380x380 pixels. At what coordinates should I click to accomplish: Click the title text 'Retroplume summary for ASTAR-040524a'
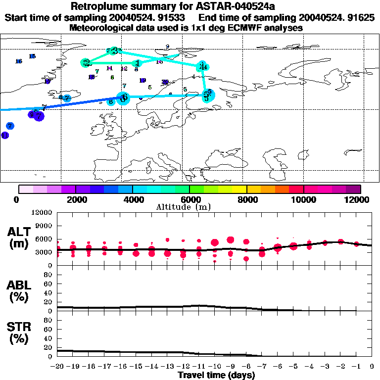pyautogui.click(x=190, y=6)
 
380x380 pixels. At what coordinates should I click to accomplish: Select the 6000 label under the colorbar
pyautogui.click(x=190, y=199)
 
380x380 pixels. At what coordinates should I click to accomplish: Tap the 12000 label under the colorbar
pyautogui.click(x=360, y=199)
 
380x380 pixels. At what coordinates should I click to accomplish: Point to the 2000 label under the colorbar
pyautogui.click(x=76, y=199)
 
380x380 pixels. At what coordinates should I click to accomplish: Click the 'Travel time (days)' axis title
pyautogui.click(x=216, y=375)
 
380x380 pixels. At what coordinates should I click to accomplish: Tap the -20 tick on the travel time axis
pyautogui.click(x=58, y=367)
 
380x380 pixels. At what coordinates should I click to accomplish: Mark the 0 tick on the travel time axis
pyautogui.click(x=372, y=367)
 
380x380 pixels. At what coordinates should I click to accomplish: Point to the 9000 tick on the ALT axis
pyautogui.click(x=44, y=226)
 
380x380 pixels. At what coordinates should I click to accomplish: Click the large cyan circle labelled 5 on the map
pyautogui.click(x=208, y=96)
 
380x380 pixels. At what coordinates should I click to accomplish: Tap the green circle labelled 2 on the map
pyautogui.click(x=87, y=63)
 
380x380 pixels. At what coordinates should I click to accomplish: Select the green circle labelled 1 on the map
pyautogui.click(x=138, y=63)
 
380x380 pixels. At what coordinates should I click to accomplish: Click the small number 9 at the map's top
pyautogui.click(x=168, y=47)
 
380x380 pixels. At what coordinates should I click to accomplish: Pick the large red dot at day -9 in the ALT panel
pyautogui.click(x=231, y=240)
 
